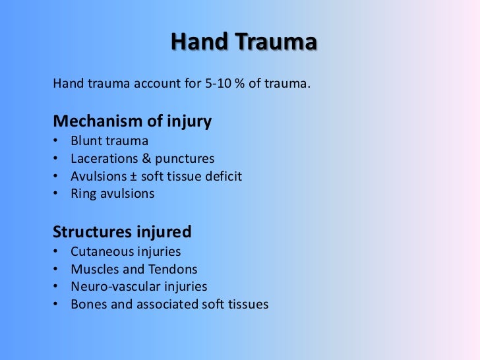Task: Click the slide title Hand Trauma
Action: [x=244, y=43]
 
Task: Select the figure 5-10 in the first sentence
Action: [x=219, y=84]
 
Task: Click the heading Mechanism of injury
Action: [x=132, y=121]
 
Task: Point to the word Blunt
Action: [x=86, y=141]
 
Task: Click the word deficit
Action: [x=223, y=177]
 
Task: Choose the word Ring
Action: [x=83, y=194]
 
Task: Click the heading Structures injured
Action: [x=122, y=232]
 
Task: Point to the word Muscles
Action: [x=93, y=270]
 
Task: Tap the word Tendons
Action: [x=173, y=270]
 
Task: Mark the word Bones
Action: [x=87, y=305]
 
